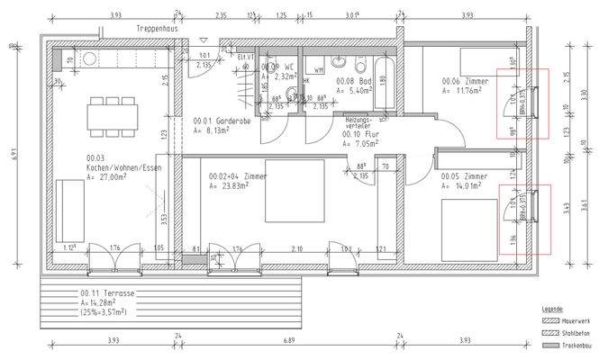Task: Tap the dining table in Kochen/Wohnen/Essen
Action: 113,115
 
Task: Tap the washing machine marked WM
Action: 318,70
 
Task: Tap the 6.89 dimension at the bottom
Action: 289,342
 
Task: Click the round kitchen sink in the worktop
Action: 90,59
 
